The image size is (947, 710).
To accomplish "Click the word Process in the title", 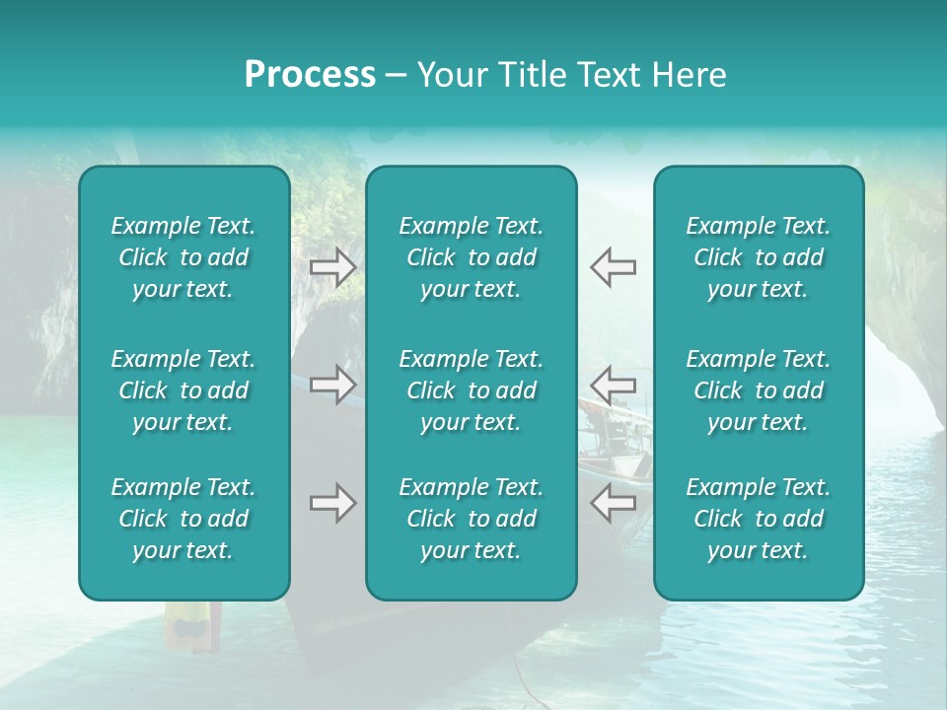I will pyautogui.click(x=310, y=75).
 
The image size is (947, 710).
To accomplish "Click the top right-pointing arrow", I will pyautogui.click(x=333, y=267).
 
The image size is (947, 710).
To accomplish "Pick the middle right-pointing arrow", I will pyautogui.click(x=333, y=385).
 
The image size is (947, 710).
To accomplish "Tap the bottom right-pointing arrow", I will pyautogui.click(x=333, y=503).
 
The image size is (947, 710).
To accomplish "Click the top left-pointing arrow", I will pyautogui.click(x=613, y=267).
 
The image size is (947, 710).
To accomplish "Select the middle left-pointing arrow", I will pyautogui.click(x=613, y=385).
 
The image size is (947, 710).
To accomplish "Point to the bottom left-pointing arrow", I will pyautogui.click(x=613, y=503).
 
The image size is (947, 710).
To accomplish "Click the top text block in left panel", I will pyautogui.click(x=183, y=257).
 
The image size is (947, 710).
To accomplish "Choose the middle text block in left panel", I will pyautogui.click(x=183, y=390).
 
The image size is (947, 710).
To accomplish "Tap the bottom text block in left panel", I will pyautogui.click(x=183, y=519).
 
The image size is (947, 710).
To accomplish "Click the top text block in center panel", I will pyautogui.click(x=471, y=257).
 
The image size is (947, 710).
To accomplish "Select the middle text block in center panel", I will pyautogui.click(x=471, y=390).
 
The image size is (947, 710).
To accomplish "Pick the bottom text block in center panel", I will pyautogui.click(x=471, y=519).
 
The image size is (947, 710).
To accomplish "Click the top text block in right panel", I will pyautogui.click(x=758, y=257).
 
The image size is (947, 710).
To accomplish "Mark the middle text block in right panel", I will pyautogui.click(x=758, y=390).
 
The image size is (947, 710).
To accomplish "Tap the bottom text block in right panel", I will pyautogui.click(x=758, y=519).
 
